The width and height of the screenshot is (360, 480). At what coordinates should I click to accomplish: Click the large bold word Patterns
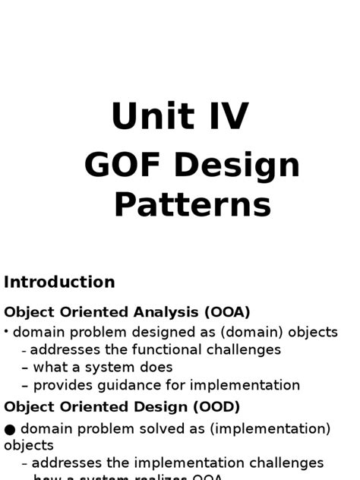coord(192,204)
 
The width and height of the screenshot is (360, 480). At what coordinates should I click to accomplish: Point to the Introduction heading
coord(59,283)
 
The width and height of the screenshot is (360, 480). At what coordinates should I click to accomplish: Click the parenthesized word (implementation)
coord(266,429)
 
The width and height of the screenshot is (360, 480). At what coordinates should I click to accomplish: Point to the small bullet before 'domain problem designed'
coord(6,331)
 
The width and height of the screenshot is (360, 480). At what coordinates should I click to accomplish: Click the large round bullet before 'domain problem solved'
coord(10,430)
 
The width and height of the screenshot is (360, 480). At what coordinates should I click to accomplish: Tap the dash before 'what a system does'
coord(25,368)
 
